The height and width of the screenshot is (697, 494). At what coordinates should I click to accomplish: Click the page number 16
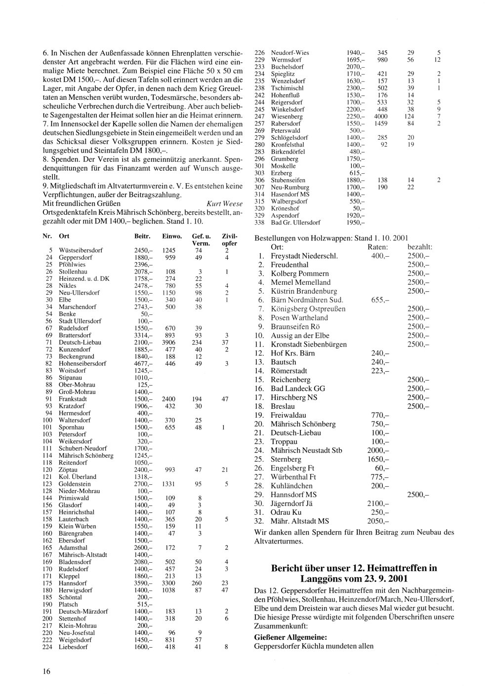click(46, 670)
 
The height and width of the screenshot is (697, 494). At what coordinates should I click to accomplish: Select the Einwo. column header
click(172, 236)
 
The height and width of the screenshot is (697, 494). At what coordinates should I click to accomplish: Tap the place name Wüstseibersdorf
click(81, 250)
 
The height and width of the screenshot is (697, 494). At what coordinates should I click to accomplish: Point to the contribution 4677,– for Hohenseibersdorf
click(144, 364)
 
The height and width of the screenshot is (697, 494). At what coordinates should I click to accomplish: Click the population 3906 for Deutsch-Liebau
click(169, 343)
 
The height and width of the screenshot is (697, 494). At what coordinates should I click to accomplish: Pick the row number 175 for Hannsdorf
click(47, 583)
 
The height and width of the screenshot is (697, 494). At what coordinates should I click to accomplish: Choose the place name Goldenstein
click(75, 484)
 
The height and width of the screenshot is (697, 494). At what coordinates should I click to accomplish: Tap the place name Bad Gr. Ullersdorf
click(295, 223)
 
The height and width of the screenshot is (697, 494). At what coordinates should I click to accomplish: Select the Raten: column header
click(378, 247)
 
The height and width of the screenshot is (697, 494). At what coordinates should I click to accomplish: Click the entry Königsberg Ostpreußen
click(308, 309)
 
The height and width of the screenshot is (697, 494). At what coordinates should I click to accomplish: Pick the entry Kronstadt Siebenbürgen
click(308, 345)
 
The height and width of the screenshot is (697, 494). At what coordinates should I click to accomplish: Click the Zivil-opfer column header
click(230, 239)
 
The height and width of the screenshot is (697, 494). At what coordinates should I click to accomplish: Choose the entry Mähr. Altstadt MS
click(299, 521)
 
